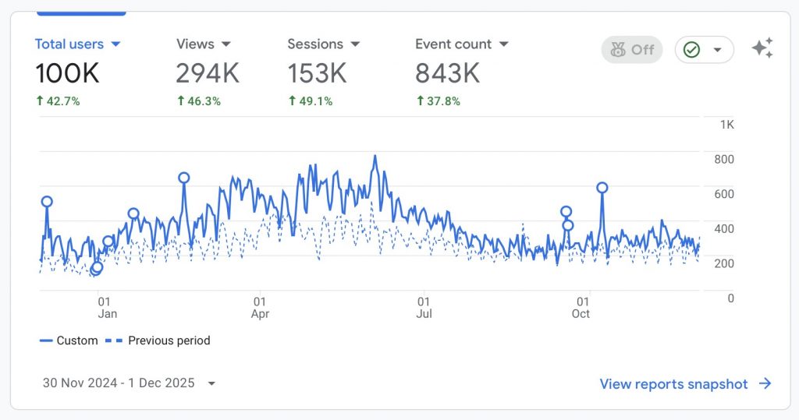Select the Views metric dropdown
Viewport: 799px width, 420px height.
click(x=203, y=44)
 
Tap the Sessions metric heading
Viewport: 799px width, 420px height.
click(x=322, y=44)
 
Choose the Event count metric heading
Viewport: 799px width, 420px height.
click(x=461, y=44)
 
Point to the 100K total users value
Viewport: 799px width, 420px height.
click(x=67, y=73)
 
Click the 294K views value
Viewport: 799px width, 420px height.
click(x=207, y=73)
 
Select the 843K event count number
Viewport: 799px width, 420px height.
click(x=447, y=73)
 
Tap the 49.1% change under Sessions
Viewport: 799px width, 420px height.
click(x=310, y=101)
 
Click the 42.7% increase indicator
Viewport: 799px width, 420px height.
click(x=58, y=101)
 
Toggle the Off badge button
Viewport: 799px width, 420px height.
click(x=631, y=50)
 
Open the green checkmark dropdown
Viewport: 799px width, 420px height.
click(x=704, y=50)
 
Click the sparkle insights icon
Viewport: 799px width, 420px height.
click(x=762, y=48)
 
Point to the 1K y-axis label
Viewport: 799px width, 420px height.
click(x=726, y=125)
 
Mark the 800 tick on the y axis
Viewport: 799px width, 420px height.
click(x=725, y=160)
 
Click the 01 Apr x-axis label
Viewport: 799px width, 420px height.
click(x=260, y=308)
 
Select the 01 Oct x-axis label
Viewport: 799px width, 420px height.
click(x=581, y=308)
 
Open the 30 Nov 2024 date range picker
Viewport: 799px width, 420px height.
click(x=129, y=383)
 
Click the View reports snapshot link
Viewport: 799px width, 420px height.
click(x=685, y=384)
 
